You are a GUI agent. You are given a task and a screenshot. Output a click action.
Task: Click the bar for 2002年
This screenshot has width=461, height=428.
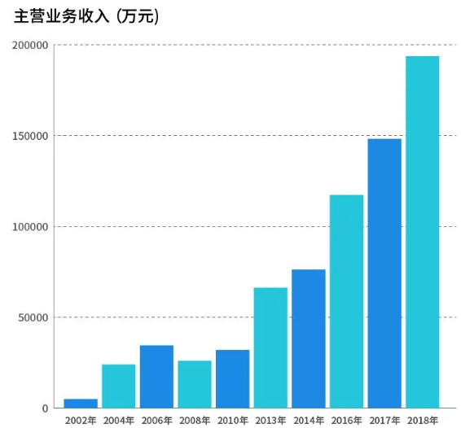click(81, 404)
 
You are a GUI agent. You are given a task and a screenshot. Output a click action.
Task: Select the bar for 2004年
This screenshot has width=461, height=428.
click(119, 387)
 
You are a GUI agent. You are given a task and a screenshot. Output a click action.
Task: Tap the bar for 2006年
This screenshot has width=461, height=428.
click(156, 377)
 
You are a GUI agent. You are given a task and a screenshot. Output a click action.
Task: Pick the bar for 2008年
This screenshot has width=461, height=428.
click(195, 384)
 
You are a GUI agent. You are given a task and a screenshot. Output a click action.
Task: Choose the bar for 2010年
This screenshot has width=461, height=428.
click(232, 379)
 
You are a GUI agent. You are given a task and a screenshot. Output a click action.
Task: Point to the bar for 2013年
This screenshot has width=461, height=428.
click(270, 348)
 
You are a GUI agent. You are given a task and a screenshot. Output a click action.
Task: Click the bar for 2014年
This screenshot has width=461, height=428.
click(309, 338)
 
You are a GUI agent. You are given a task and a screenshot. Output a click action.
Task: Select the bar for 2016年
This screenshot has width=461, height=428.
click(346, 302)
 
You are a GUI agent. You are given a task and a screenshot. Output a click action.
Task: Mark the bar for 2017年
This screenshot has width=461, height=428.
click(384, 273)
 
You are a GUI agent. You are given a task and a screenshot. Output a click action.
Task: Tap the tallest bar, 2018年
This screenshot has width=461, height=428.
click(422, 232)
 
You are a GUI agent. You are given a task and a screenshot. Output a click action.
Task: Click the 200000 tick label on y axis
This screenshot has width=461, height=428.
click(30, 46)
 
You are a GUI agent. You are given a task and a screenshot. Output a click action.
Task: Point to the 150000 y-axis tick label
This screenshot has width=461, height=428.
click(30, 136)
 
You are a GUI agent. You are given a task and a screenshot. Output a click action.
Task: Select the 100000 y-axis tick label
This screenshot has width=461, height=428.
click(30, 227)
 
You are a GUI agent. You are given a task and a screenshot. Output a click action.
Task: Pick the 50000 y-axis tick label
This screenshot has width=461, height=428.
click(33, 317)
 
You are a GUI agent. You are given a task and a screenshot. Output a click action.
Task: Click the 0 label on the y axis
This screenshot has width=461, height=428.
click(46, 408)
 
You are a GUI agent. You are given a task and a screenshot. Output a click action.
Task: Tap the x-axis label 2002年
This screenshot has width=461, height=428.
click(81, 421)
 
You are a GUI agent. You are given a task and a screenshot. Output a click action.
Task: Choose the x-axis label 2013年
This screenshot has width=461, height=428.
click(270, 421)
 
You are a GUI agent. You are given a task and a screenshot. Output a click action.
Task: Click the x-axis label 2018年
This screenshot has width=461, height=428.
click(422, 421)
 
